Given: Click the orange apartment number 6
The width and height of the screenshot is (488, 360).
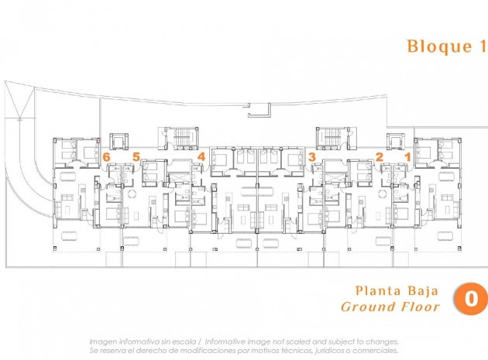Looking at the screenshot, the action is point(106,157).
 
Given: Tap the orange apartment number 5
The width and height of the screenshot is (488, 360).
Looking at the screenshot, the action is point(136,157).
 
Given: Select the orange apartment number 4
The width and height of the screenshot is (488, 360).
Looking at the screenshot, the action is point(201,156).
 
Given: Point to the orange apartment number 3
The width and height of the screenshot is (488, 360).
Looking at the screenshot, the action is point(312,157).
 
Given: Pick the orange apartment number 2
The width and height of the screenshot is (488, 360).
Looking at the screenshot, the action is point(379,157).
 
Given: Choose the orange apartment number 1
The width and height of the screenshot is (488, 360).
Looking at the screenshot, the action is point(407,157).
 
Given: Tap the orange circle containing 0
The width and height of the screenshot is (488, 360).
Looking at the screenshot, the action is point(471,298).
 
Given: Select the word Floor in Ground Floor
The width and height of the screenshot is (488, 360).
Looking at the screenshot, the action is point(420,307).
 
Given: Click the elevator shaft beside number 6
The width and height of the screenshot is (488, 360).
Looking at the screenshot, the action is point(119,141).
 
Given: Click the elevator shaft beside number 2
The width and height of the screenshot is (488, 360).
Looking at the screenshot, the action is point(396,141).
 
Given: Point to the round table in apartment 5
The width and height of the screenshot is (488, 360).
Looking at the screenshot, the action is point(132,194).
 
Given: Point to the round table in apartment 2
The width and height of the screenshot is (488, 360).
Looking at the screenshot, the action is point(382,194).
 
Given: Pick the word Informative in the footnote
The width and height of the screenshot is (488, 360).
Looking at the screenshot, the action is point(225,341).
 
